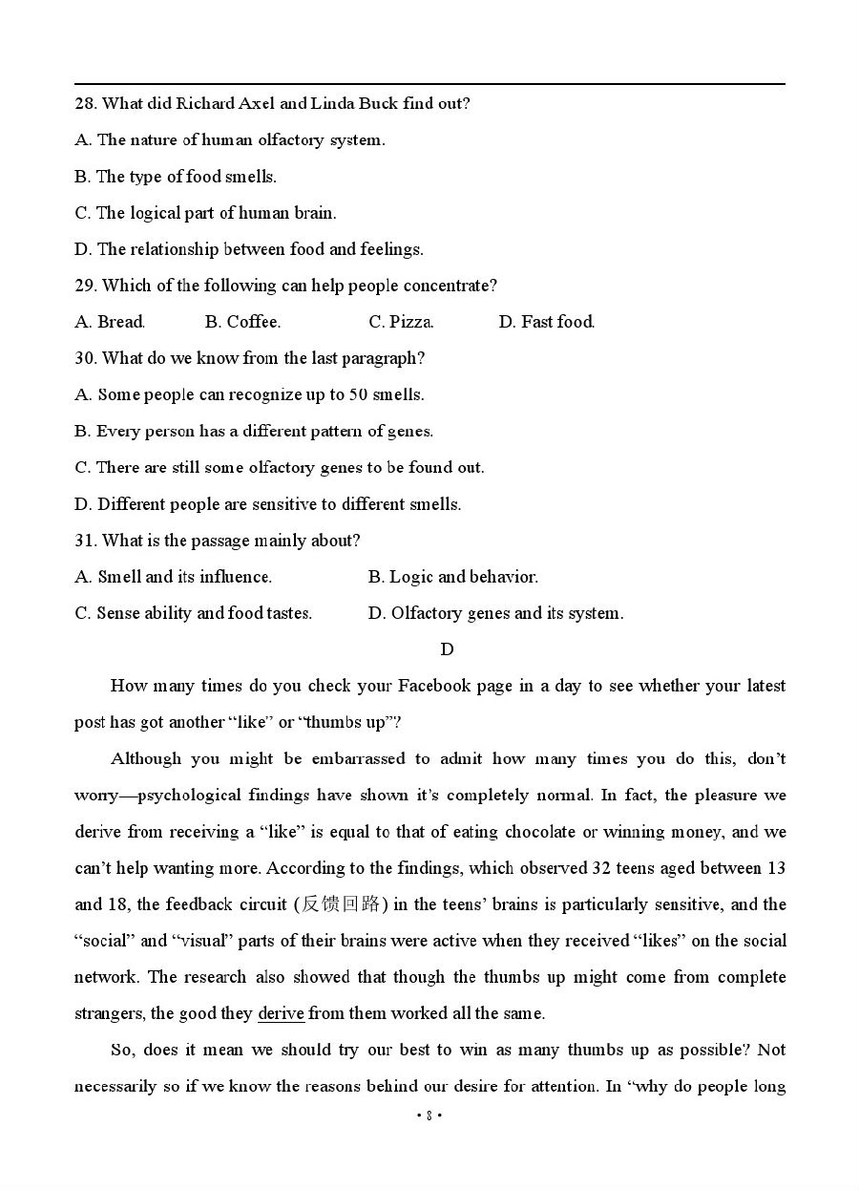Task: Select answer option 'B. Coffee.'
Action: pos(242,322)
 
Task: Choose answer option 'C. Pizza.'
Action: pos(401,322)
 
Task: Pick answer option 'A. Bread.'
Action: pos(110,322)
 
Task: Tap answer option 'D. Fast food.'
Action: pos(546,322)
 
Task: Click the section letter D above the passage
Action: pos(447,649)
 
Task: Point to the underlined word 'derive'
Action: pos(281,1013)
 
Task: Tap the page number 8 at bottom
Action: pos(429,1116)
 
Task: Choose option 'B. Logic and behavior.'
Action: pos(453,577)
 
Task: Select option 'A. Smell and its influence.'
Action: pos(174,577)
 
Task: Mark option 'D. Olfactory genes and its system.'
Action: pos(495,613)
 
